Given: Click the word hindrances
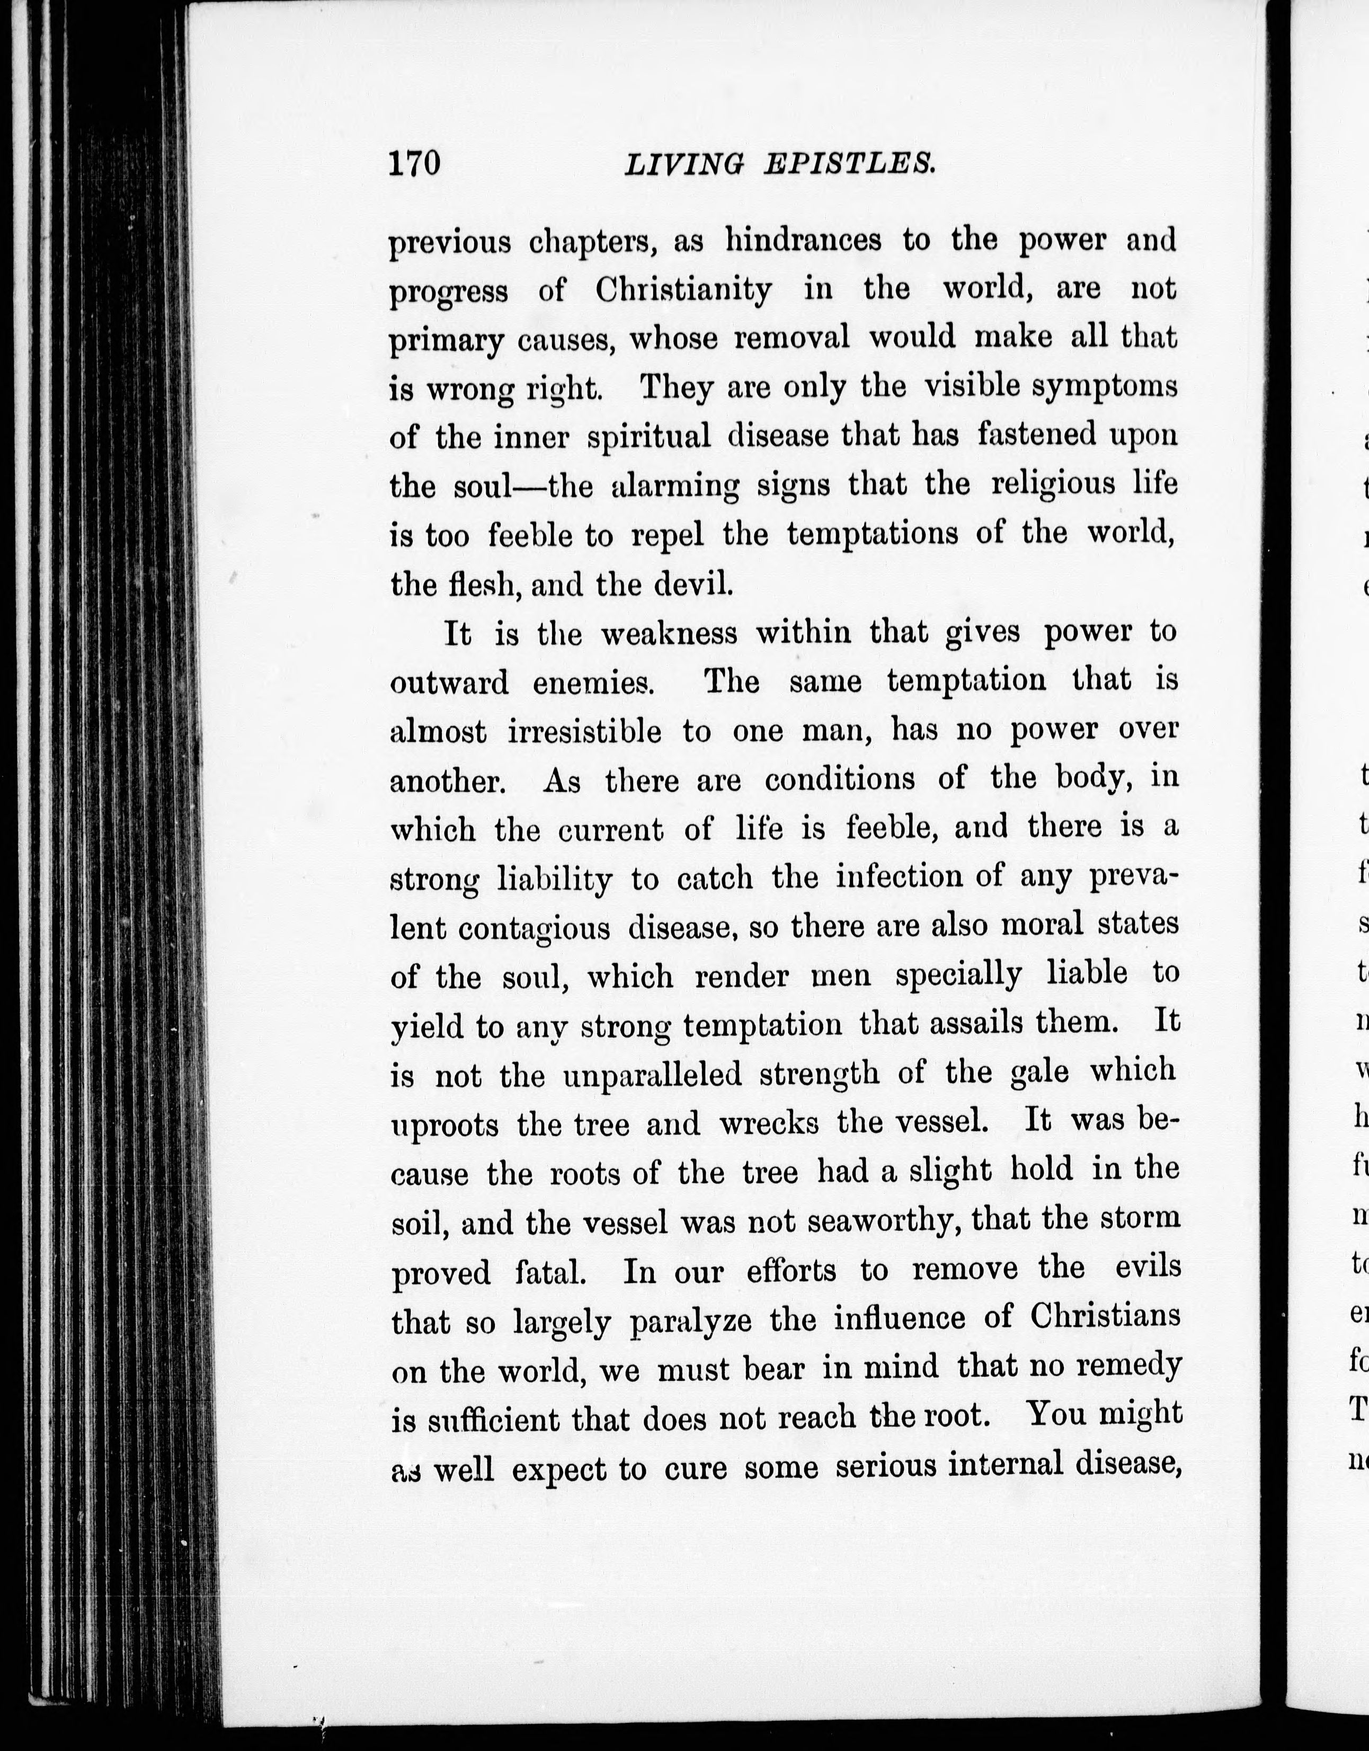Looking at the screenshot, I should pos(803,241).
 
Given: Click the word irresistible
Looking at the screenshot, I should pos(584,732).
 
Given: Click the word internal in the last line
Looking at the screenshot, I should pos(1006,1465).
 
